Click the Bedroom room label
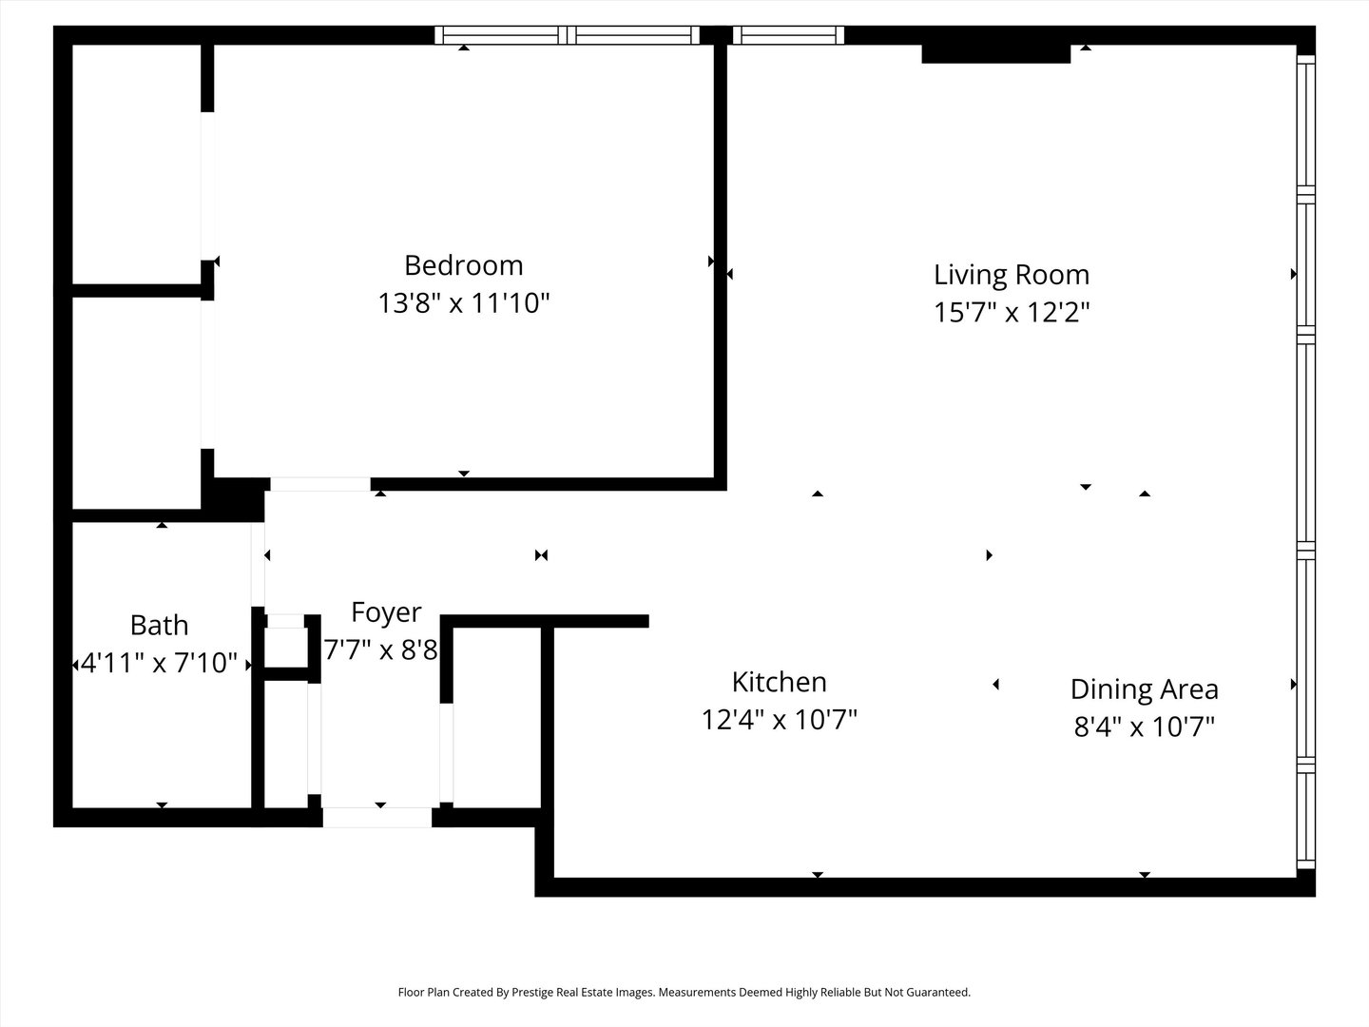click(x=463, y=264)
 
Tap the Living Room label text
click(x=1011, y=275)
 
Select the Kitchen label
click(x=779, y=682)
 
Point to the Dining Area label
click(x=1144, y=688)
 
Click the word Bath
click(x=159, y=625)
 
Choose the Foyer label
click(x=385, y=611)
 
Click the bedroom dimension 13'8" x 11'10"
click(x=463, y=303)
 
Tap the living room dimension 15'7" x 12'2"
click(x=1011, y=312)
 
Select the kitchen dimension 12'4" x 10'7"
click(x=779, y=720)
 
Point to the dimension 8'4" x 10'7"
click(x=1144, y=727)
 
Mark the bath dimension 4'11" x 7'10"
click(x=159, y=663)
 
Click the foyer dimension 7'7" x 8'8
click(x=380, y=650)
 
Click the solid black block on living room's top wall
click(x=995, y=53)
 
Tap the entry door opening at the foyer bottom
click(x=377, y=817)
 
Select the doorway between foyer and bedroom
click(x=319, y=485)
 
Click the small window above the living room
click(x=788, y=35)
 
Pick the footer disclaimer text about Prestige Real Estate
click(x=684, y=992)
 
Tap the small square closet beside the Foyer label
click(x=285, y=647)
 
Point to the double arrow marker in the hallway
click(x=541, y=555)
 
